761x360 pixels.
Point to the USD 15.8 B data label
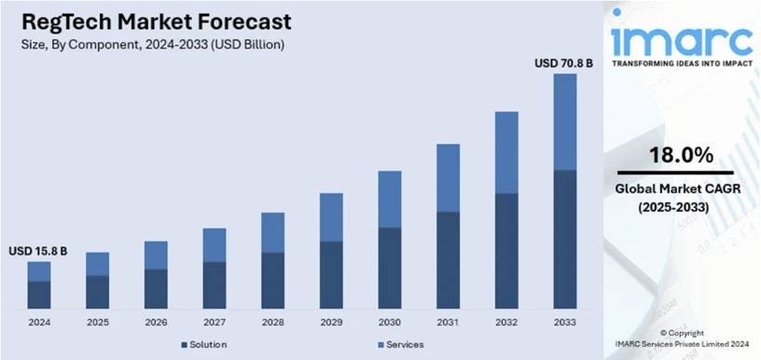38,251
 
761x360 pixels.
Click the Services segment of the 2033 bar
564,121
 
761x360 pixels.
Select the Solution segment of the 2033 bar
564,240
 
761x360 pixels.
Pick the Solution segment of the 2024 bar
39,295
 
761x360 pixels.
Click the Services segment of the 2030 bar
389,199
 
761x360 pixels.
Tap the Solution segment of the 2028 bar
272,281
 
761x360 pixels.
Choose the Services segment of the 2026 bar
156,255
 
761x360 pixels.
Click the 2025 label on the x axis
97,322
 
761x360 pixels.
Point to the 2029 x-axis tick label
331,322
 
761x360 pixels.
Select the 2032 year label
506,322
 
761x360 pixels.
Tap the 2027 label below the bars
214,322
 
